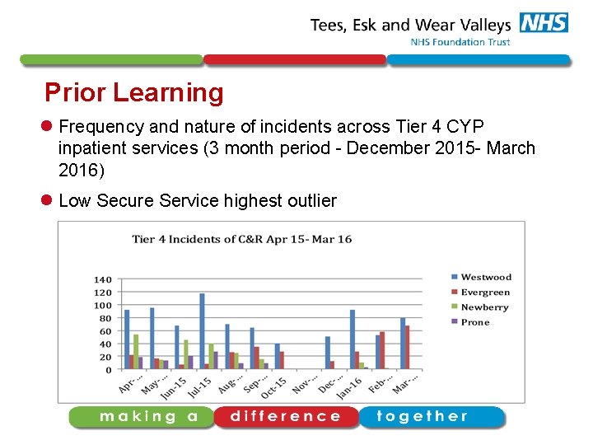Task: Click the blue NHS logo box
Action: (544, 23)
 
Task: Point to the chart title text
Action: (242, 239)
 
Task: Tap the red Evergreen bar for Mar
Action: (408, 347)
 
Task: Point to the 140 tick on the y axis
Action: (102, 279)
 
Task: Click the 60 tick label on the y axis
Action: (105, 331)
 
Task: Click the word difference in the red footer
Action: (286, 416)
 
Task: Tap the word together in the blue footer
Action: (422, 416)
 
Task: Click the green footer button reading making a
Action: (149, 416)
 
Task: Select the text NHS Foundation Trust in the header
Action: (460, 42)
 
